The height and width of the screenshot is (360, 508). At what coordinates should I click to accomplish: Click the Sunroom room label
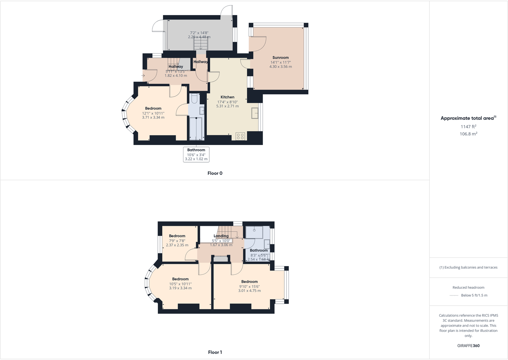click(281, 58)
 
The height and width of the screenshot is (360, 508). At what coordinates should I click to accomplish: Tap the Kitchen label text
click(227, 97)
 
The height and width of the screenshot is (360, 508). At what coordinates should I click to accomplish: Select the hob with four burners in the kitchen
click(240, 136)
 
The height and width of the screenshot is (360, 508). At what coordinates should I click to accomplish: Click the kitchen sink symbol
click(255, 113)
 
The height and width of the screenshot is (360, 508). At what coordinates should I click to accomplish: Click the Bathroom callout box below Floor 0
click(196, 154)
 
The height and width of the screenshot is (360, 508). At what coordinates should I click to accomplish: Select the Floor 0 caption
click(215, 173)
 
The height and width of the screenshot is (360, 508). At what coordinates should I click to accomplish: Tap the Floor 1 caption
click(215, 352)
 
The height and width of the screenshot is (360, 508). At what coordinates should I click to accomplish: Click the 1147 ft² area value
click(468, 127)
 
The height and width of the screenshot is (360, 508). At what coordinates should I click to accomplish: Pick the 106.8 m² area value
click(468, 134)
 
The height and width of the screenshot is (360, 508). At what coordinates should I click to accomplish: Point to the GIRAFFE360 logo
click(468, 346)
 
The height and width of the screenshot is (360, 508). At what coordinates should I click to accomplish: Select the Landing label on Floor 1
click(221, 236)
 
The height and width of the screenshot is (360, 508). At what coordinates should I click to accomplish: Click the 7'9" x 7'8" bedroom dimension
click(177, 241)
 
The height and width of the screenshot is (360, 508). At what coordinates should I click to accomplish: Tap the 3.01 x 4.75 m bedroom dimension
click(249, 291)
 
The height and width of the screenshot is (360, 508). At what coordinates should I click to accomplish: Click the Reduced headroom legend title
click(468, 287)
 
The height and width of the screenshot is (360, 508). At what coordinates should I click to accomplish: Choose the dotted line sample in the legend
click(454, 295)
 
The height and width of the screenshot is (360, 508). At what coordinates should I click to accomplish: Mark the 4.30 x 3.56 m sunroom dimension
click(281, 67)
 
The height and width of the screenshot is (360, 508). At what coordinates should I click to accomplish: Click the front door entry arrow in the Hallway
click(143, 76)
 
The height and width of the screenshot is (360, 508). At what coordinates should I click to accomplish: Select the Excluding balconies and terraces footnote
click(468, 267)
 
